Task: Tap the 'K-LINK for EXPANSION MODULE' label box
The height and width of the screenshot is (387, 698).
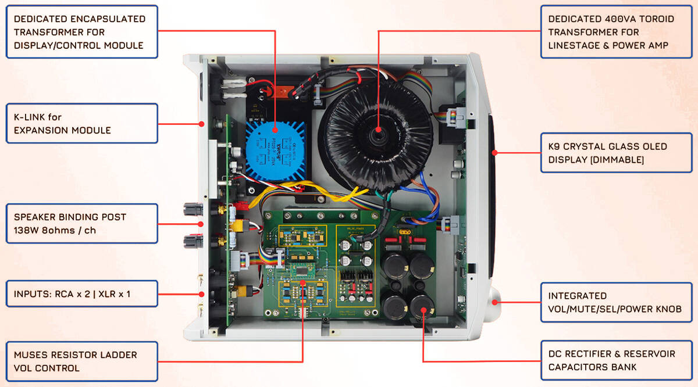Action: (82, 123)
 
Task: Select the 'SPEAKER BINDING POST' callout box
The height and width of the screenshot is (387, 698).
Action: (82, 223)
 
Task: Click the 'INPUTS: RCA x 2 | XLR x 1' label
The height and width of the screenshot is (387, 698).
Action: (82, 294)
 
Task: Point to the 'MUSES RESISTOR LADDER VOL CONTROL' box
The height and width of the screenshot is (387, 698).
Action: (82, 361)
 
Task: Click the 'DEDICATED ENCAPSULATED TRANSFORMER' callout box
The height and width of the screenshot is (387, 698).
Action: (82, 32)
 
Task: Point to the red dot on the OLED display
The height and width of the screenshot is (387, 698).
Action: (494, 153)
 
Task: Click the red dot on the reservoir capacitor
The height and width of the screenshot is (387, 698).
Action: (423, 310)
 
